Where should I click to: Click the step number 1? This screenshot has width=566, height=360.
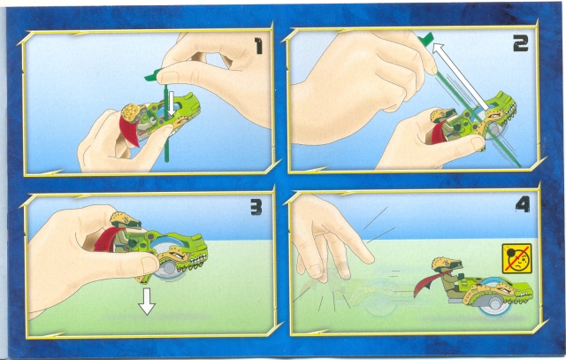(x=258, y=46)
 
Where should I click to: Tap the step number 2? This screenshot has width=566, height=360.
(x=521, y=43)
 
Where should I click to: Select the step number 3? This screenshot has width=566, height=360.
(x=256, y=207)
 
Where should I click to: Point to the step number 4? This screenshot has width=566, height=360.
(x=523, y=204)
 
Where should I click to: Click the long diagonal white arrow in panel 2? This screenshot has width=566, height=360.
(x=461, y=77)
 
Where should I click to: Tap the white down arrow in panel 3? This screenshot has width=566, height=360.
(x=147, y=301)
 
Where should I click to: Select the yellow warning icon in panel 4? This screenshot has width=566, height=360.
(x=516, y=258)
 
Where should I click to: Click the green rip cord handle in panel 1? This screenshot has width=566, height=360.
(x=153, y=74)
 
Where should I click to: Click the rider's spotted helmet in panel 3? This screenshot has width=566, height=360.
(x=125, y=219)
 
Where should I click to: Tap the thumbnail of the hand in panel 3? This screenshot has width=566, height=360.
(x=149, y=264)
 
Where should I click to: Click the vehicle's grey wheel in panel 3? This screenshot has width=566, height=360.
(x=167, y=268)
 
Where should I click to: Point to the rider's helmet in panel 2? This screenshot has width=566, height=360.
(x=442, y=115)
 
